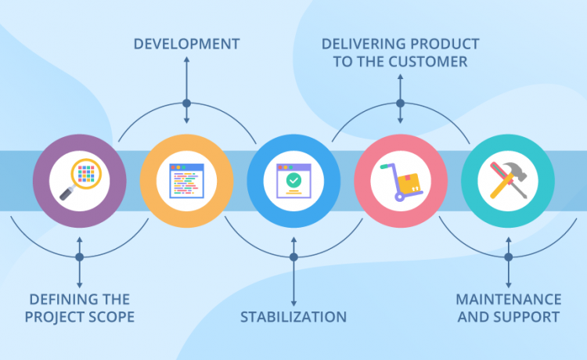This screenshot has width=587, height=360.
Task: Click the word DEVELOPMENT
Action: pos(186,43)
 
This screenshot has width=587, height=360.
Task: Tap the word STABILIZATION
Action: pos(293,317)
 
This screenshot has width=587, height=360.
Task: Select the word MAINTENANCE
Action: pos(509,300)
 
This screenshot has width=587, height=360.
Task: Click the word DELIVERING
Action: pos(363,43)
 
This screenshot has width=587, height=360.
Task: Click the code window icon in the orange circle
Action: pos(186,179)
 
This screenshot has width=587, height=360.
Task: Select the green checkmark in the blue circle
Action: pos(293,179)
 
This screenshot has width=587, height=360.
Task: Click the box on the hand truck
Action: pos(409,183)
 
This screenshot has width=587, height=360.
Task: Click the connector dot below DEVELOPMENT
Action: pos(186,103)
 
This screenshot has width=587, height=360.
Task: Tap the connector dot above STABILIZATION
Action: pos(293,257)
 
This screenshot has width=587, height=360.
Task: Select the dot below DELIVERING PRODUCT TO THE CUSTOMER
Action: pos(400,103)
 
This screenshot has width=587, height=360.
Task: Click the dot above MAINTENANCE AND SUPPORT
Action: pos(509,257)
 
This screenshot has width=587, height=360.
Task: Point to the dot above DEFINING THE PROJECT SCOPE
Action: pos(79,257)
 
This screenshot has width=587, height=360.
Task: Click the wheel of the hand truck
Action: pos(398,197)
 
